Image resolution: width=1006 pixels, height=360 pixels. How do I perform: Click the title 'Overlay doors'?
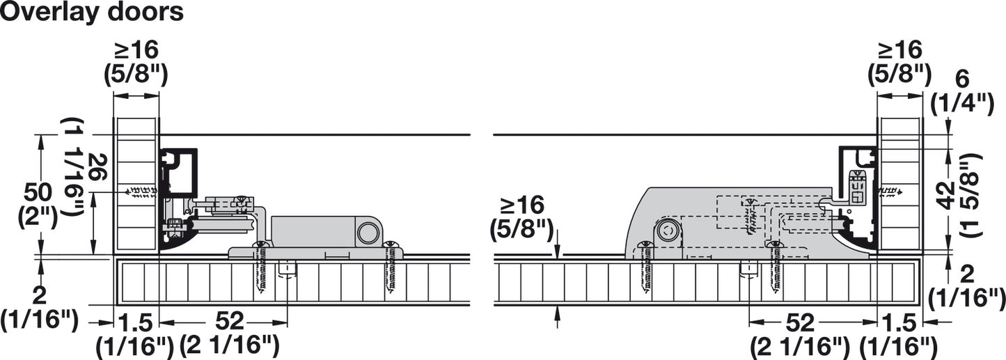92,13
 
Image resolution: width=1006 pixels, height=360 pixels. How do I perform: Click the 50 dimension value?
38,193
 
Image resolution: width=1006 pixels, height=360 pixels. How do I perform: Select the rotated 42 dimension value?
946,196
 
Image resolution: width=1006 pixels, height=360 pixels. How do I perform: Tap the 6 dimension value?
962,80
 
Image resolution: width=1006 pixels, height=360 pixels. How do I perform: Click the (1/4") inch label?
962,104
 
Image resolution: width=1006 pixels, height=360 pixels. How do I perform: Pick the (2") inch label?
38,217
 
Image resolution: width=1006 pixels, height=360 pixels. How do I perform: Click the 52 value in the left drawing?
230,321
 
